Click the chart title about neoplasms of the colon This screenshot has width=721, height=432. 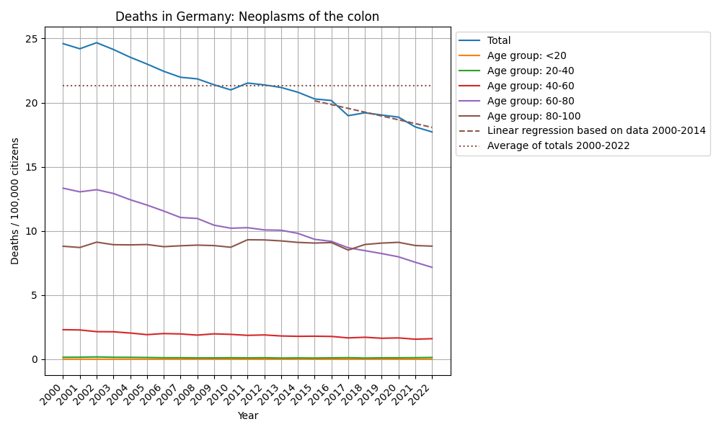[247, 17]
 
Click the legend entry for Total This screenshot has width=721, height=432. [499, 41]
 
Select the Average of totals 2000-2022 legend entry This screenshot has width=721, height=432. [559, 145]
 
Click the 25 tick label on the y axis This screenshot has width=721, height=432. [32, 39]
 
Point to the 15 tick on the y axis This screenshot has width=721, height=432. [32, 167]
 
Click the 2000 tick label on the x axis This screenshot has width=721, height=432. [56, 395]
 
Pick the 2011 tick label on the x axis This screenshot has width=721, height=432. [240, 395]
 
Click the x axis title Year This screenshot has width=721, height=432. [247, 416]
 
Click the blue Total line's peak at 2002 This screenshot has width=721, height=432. [97, 42]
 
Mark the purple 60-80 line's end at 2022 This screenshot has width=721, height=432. [432, 267]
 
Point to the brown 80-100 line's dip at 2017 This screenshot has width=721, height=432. [348, 250]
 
